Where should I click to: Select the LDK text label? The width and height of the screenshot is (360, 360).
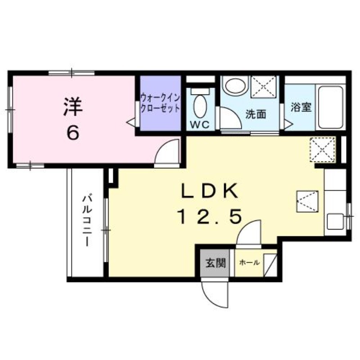[209, 191]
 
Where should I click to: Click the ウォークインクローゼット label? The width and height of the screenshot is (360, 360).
[160, 103]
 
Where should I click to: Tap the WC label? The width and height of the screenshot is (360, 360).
[200, 125]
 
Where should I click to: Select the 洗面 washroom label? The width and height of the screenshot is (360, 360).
[255, 114]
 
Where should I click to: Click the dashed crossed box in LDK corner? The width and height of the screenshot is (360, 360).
[322, 149]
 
